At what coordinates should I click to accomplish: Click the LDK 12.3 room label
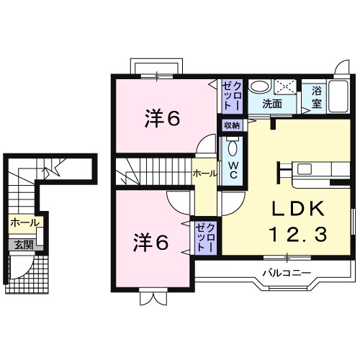point(297,221)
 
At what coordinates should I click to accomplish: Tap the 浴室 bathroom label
point(317,98)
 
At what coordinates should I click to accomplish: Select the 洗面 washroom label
point(272,104)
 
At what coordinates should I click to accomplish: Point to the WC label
point(233,170)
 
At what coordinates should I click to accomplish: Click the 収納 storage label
point(232,125)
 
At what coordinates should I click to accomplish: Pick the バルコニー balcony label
point(287,273)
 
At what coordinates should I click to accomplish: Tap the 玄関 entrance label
point(24,246)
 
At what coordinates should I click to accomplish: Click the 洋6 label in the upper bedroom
point(162,119)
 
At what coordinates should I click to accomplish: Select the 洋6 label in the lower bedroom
point(151,242)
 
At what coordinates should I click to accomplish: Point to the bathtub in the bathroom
point(338,96)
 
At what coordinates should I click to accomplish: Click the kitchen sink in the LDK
point(305,169)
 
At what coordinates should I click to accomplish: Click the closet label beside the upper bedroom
point(232,96)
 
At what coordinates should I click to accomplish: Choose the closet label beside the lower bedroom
point(204,238)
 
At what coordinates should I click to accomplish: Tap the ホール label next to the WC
point(204,174)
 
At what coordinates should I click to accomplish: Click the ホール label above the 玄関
point(24,223)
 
